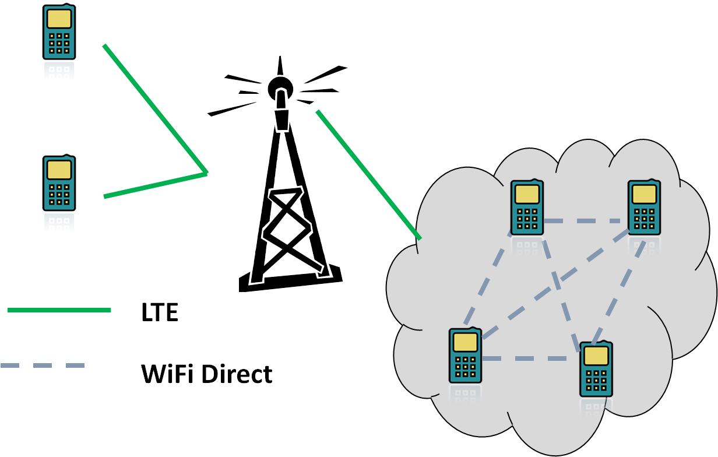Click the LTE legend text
[159, 312]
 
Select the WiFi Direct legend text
[206, 373]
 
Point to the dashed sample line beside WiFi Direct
[43, 365]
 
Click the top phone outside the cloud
[59, 33]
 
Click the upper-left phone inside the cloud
[527, 208]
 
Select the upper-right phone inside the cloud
[644, 208]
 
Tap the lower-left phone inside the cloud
[465, 356]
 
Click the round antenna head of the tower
[280, 89]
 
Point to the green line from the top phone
[154, 108]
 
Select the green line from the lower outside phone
[155, 185]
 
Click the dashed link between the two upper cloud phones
[585, 222]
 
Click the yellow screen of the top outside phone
[59, 19]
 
